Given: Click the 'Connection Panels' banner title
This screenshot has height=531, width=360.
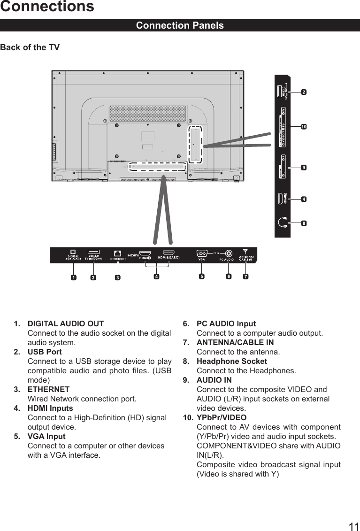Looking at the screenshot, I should point(180,25).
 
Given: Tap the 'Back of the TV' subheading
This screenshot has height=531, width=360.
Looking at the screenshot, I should point(30,47).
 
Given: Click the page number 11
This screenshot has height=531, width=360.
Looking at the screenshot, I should point(353,526).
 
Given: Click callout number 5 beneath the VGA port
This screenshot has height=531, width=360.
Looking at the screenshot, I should point(202,277).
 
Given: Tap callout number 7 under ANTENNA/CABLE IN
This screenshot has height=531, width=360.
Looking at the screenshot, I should point(245,277).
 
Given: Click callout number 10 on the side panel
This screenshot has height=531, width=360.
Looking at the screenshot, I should point(304,127).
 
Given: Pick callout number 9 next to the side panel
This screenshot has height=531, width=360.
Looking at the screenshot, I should point(304,167).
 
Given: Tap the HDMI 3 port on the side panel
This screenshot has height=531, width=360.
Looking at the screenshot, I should point(281,199).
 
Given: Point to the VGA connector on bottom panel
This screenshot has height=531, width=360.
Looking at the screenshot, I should point(202,253).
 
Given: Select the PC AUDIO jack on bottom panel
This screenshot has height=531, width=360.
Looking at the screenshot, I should point(228,253).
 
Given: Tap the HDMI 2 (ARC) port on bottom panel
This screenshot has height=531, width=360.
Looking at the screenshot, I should point(165,253).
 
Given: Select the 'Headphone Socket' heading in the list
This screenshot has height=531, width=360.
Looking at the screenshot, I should point(231,361).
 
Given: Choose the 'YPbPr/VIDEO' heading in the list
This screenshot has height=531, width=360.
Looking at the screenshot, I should point(221,417).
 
